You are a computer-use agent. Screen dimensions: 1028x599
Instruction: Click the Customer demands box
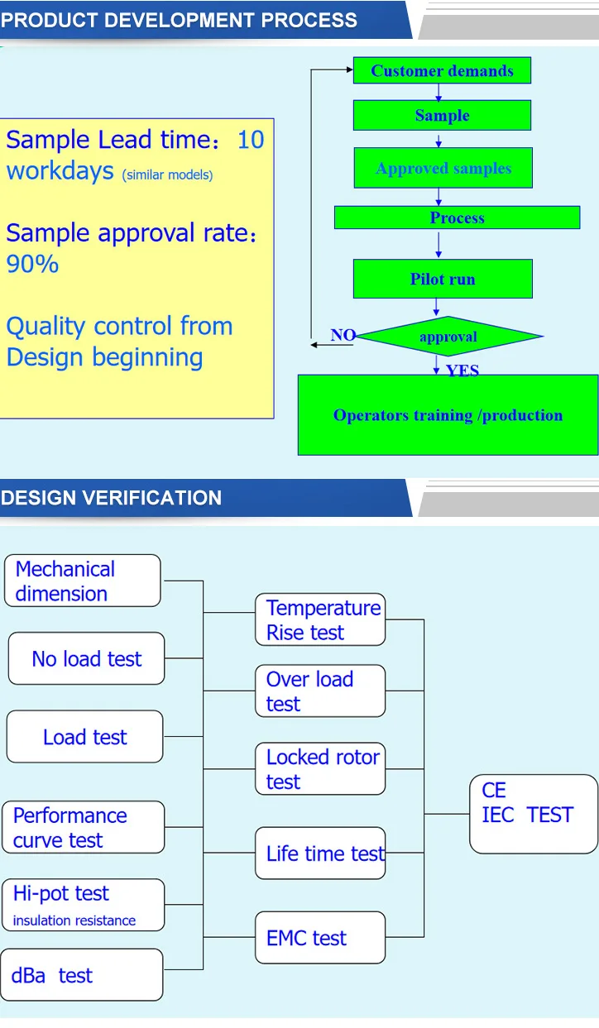[x=442, y=70]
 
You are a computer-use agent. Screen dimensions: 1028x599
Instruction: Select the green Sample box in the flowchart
[x=442, y=116]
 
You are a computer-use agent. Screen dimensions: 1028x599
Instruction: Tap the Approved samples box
[x=443, y=168]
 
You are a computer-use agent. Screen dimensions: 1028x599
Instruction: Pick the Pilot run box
[x=443, y=279]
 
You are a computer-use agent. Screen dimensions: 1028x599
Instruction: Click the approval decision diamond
[x=448, y=337]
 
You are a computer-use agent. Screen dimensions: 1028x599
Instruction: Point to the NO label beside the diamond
[x=343, y=335]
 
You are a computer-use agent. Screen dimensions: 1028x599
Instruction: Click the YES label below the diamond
[x=462, y=371]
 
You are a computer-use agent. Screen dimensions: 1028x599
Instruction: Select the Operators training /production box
[x=448, y=415]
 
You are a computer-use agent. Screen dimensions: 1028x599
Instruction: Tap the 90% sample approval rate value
[x=32, y=264]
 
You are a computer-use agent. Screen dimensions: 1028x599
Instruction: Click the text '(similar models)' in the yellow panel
[x=168, y=175]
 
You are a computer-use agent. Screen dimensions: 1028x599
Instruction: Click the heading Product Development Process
[x=180, y=20]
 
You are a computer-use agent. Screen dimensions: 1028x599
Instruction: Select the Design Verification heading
[x=112, y=498]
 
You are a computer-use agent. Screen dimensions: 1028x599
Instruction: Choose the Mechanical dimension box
[x=83, y=581]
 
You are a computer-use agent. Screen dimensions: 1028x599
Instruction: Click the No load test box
[x=87, y=658]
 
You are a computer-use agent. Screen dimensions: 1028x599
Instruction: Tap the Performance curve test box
[x=84, y=827]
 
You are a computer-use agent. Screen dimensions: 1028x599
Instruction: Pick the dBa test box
[x=82, y=975]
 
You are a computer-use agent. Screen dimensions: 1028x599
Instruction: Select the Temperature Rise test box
[x=320, y=619]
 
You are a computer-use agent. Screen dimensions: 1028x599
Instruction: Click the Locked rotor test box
[x=320, y=768]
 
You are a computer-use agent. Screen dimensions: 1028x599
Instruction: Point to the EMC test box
[x=320, y=938]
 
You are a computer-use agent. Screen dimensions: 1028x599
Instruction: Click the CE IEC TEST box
[x=533, y=814]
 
